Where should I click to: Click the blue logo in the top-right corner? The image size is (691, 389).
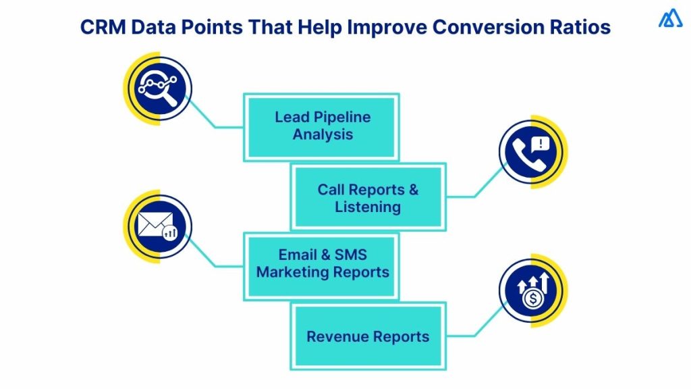coord(670,19)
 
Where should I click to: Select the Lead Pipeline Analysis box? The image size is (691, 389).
coord(322,126)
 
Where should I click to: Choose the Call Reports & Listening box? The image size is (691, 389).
coord(368,197)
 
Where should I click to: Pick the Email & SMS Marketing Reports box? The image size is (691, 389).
coord(322,265)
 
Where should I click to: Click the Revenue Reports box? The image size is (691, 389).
coord(368,336)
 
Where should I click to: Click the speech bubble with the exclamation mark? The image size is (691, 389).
coord(541,143)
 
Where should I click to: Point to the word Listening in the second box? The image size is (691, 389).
coord(368,207)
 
